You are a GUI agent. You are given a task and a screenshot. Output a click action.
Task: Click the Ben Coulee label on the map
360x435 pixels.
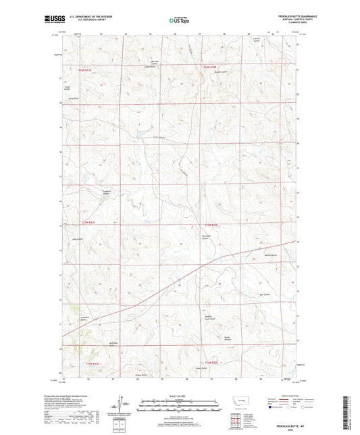265,295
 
